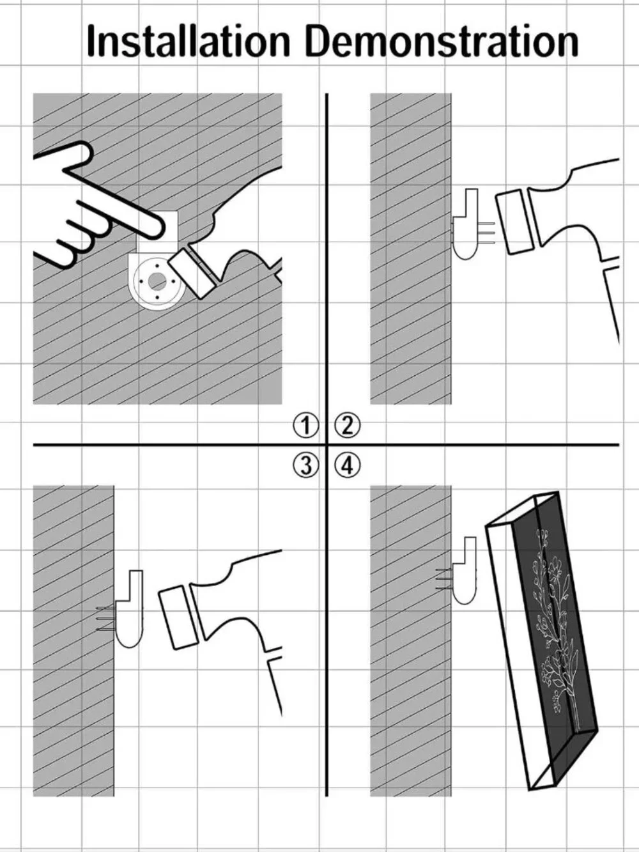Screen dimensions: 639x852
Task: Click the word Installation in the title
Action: pos(189,41)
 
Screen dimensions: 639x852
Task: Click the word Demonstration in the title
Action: pos(442,41)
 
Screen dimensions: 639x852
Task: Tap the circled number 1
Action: pos(305,426)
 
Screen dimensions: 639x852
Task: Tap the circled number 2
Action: pos(347,426)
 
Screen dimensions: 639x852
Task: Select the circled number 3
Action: pos(305,465)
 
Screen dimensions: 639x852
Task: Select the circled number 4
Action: pos(347,465)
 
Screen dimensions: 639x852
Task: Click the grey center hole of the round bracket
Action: pos(157,280)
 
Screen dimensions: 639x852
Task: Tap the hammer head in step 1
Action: pos(192,274)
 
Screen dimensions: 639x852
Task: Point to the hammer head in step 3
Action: pos(178,617)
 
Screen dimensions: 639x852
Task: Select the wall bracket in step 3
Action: pos(130,608)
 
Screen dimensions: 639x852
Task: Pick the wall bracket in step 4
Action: pos(464,570)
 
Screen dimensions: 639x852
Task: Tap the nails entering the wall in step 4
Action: pos(444,579)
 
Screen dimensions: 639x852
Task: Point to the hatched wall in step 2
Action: pos(411,249)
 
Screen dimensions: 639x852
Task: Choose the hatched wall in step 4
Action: pos(411,640)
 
